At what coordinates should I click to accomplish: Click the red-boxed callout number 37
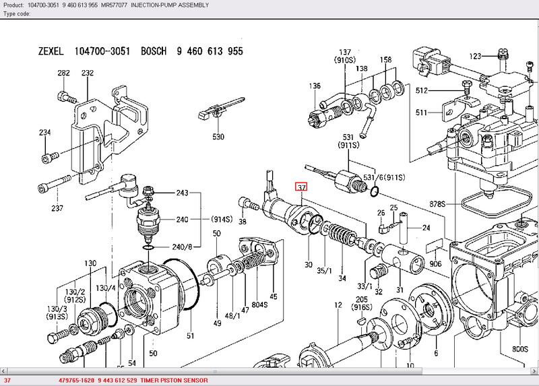pos(301,187)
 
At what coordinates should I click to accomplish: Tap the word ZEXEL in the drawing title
pos(51,52)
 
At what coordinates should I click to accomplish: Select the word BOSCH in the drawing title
pos(154,51)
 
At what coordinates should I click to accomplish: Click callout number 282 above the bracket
pos(63,73)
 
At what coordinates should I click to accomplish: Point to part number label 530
pos(218,137)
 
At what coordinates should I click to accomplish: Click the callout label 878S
pos(437,204)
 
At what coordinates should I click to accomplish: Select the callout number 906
pos(435,263)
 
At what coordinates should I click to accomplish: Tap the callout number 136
pos(315,86)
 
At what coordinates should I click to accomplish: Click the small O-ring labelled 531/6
pos(375,191)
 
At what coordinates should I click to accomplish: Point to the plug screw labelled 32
pos(377,274)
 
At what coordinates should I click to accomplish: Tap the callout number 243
pos(182,193)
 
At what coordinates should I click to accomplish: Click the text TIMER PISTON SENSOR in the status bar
pos(174,381)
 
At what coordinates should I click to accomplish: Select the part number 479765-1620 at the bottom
pos(76,381)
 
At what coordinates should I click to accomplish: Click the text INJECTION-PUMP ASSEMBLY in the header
pos(170,5)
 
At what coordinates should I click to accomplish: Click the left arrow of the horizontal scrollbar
pos(3,371)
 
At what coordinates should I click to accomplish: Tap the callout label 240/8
pos(182,247)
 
